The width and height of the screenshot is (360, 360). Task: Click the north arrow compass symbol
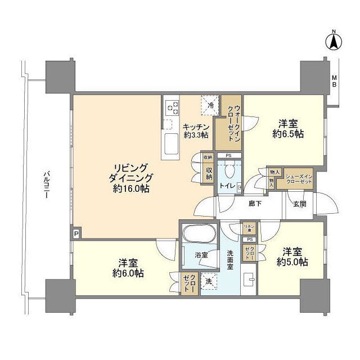334,40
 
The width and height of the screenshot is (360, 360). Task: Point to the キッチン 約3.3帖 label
196,130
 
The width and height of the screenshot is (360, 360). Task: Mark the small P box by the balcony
76,232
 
